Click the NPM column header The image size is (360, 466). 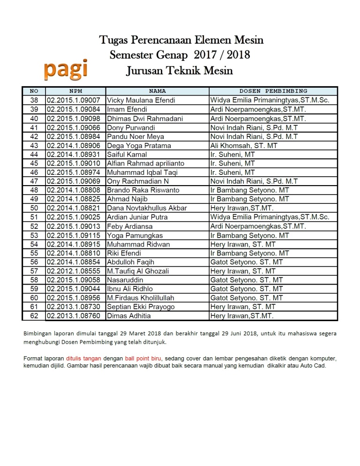pos(75,91)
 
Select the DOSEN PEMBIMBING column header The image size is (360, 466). pos(273,91)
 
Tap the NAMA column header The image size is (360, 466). pos(157,91)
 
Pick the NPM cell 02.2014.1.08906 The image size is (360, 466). pos(73,145)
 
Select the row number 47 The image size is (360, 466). pos(34,181)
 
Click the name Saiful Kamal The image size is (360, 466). pos(127,155)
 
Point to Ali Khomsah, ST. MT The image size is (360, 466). pos(244,145)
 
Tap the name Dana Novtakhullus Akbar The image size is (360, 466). pos(147,208)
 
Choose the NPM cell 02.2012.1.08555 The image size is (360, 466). pos(73,271)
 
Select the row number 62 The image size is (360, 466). pos(34,316)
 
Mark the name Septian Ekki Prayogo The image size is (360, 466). pos(141,307)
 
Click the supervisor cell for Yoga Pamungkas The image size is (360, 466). pos(250,235)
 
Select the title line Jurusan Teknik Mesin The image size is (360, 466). pos(180,71)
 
